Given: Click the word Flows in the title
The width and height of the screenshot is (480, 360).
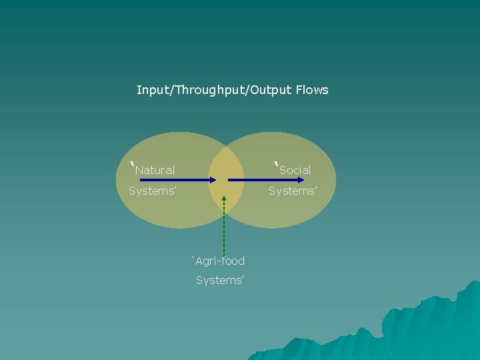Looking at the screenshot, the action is [x=313, y=90].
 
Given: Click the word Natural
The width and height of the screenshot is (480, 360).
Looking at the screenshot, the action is [x=155, y=170].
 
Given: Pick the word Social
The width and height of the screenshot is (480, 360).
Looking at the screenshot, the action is [x=295, y=170].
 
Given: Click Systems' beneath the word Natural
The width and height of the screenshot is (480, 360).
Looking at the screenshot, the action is [x=153, y=191].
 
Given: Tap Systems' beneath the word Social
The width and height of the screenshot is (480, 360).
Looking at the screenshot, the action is [x=293, y=191].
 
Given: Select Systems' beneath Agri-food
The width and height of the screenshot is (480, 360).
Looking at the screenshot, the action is [x=220, y=280].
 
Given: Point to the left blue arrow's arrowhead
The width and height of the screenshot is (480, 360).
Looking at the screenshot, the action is [x=213, y=180].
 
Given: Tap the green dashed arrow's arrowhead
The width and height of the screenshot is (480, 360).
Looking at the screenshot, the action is [x=224, y=199].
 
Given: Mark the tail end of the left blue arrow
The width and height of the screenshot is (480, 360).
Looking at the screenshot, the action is [x=141, y=180].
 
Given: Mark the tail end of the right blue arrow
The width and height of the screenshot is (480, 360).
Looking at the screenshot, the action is [x=228, y=180].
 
